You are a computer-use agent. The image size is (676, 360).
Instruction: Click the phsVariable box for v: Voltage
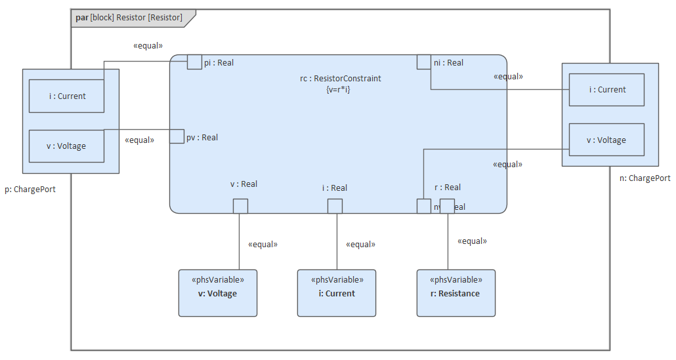(x=218, y=293)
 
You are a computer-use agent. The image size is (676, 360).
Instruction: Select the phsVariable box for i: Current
(x=337, y=293)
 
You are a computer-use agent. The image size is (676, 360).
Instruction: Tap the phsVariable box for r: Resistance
(x=456, y=293)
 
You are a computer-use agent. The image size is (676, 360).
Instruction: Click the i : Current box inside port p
(x=66, y=96)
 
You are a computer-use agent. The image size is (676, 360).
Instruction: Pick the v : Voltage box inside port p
(x=66, y=146)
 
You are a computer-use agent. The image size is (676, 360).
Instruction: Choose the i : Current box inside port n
(x=606, y=90)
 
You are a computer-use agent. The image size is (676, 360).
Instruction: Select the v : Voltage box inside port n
(x=606, y=140)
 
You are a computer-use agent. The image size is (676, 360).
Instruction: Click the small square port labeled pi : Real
(x=194, y=62)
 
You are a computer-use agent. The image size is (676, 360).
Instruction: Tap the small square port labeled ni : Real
(x=424, y=62)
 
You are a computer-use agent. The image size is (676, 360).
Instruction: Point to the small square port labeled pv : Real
(x=177, y=136)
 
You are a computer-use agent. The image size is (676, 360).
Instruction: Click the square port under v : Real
(x=240, y=206)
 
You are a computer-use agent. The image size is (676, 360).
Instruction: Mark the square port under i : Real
(x=335, y=206)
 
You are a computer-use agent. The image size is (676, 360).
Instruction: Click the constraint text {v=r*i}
(x=338, y=89)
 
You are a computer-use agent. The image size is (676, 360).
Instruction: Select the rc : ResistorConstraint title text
(x=341, y=79)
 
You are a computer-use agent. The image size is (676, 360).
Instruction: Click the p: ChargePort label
(x=30, y=190)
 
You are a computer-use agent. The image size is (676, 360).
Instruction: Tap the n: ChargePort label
(x=644, y=178)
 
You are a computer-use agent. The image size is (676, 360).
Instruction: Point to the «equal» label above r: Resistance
(x=472, y=241)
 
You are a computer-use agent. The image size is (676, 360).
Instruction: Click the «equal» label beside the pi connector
(x=148, y=46)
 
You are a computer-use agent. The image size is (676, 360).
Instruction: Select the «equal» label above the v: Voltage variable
(x=263, y=245)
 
